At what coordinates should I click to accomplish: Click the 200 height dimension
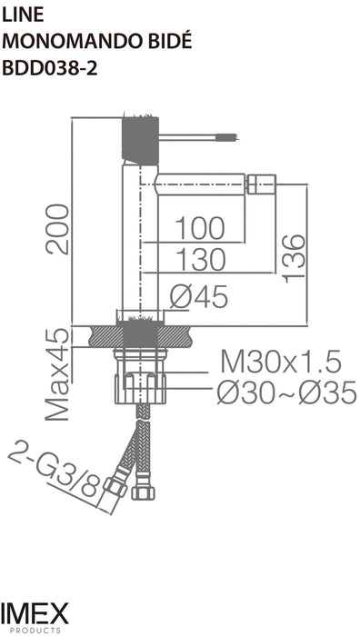(59, 228)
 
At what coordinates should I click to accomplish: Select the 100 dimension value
(200, 228)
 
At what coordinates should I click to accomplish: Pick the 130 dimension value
(200, 261)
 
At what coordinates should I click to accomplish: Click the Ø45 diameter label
(199, 296)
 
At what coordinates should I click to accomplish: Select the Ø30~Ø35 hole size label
(285, 393)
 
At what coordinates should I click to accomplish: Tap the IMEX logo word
(35, 613)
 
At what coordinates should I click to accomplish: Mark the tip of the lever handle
(229, 138)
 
